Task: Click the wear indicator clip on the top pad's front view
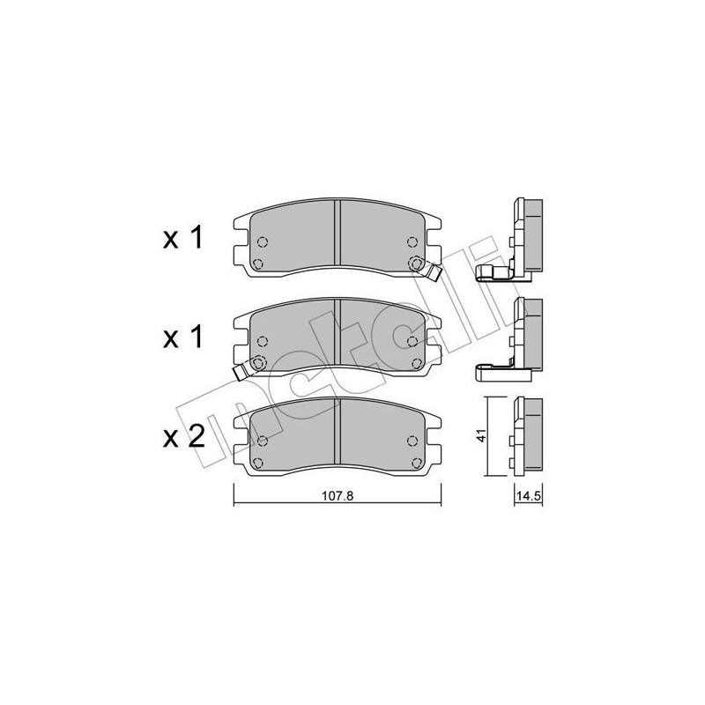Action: click(x=431, y=270)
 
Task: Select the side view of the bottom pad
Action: click(x=527, y=435)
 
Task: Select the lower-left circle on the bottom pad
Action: click(x=257, y=463)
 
